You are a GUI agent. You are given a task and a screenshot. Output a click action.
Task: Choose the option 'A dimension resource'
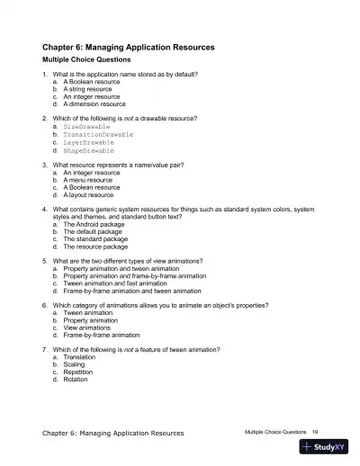tap(94, 104)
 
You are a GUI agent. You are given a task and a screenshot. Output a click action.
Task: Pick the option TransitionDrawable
tap(99, 135)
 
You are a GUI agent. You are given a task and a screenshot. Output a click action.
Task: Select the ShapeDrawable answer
tap(92, 149)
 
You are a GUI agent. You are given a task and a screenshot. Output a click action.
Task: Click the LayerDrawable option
tap(92, 142)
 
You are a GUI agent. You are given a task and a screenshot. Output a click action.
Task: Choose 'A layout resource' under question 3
tap(89, 194)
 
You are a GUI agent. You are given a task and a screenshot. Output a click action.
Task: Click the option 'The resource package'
tap(95, 246)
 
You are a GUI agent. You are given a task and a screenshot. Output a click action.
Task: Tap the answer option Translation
tap(81, 357)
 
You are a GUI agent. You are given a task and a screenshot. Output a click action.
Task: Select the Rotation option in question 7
tap(76, 380)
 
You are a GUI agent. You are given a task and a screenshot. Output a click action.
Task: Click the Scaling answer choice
tap(75, 364)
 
